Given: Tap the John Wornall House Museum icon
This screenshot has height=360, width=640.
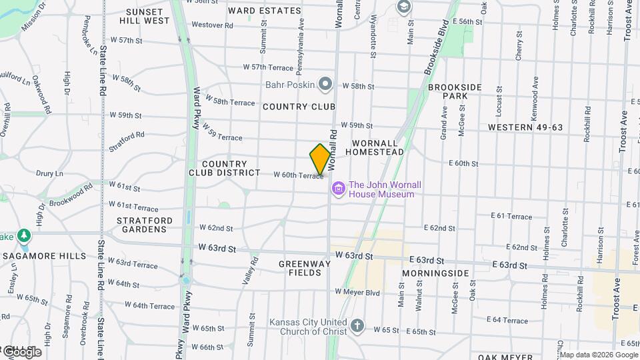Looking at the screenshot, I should click(339, 189).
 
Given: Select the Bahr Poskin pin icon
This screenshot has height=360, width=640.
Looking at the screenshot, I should click(325, 84).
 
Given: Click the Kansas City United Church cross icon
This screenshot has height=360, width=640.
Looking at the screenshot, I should click(357, 325).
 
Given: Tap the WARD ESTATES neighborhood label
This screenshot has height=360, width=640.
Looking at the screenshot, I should click(264, 11).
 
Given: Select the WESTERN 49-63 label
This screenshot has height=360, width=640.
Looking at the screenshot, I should click(525, 127).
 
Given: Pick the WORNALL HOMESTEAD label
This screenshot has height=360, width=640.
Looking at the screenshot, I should click(377, 147).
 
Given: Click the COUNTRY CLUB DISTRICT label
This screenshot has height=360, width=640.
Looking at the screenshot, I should click(231, 168).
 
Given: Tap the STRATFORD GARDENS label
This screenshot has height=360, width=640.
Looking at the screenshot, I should click(145, 225).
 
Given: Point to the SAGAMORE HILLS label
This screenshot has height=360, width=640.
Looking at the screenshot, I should click(44, 255).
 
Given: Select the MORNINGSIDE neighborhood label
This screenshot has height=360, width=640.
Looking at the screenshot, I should click(436, 273).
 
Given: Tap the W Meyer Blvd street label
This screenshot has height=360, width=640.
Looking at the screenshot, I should click(357, 292).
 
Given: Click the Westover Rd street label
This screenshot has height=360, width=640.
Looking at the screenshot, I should click(212, 25).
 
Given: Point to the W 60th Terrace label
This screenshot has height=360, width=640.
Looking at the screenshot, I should click(298, 175).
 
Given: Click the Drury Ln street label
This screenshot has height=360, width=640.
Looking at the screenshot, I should click(49, 173).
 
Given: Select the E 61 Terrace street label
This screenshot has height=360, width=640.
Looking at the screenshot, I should click(511, 216).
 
